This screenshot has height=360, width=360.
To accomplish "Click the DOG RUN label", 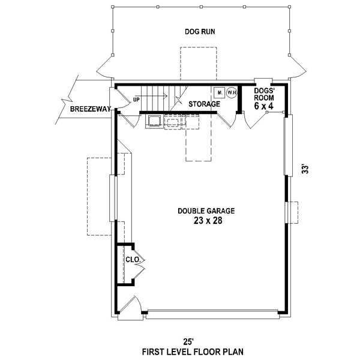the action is click(200, 32).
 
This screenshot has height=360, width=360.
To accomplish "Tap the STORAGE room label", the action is click(204, 104).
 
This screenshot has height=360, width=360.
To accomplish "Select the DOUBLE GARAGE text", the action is click(206, 211).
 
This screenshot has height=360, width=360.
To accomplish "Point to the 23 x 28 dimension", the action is click(208, 221).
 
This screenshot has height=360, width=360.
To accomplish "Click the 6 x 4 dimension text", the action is click(264, 106).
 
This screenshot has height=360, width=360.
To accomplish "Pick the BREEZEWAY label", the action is click(91, 109).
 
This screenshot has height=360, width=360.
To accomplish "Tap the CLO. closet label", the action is click(133, 260).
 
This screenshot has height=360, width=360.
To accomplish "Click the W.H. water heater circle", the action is click(232, 93).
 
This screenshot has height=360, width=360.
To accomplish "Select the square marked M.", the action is click(219, 93).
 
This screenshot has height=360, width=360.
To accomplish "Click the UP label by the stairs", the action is click(136, 100).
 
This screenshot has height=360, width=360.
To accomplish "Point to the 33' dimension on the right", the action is click(305, 169).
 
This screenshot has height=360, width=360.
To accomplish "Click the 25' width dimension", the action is click(188, 342).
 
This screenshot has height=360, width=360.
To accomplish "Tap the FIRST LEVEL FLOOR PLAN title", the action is click(193, 352).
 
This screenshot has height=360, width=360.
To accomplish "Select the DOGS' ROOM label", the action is click(264, 94).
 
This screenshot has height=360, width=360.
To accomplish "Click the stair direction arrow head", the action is click(165, 95).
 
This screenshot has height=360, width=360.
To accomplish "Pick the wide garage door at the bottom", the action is click(213, 314).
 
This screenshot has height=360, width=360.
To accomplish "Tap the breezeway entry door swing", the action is click(123, 98).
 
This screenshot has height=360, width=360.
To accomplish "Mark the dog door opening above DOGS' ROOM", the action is click(263, 82).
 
